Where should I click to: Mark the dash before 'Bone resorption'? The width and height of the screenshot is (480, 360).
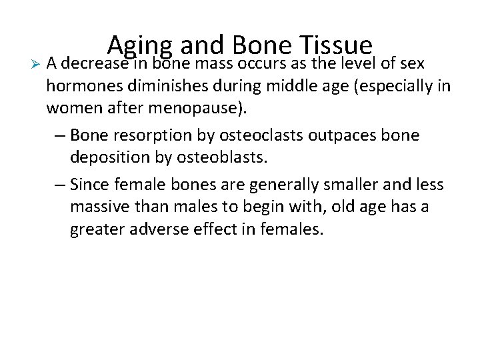click(58, 135)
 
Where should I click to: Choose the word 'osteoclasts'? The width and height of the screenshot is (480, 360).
click(251, 135)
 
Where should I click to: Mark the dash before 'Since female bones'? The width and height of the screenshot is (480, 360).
click(58, 185)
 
